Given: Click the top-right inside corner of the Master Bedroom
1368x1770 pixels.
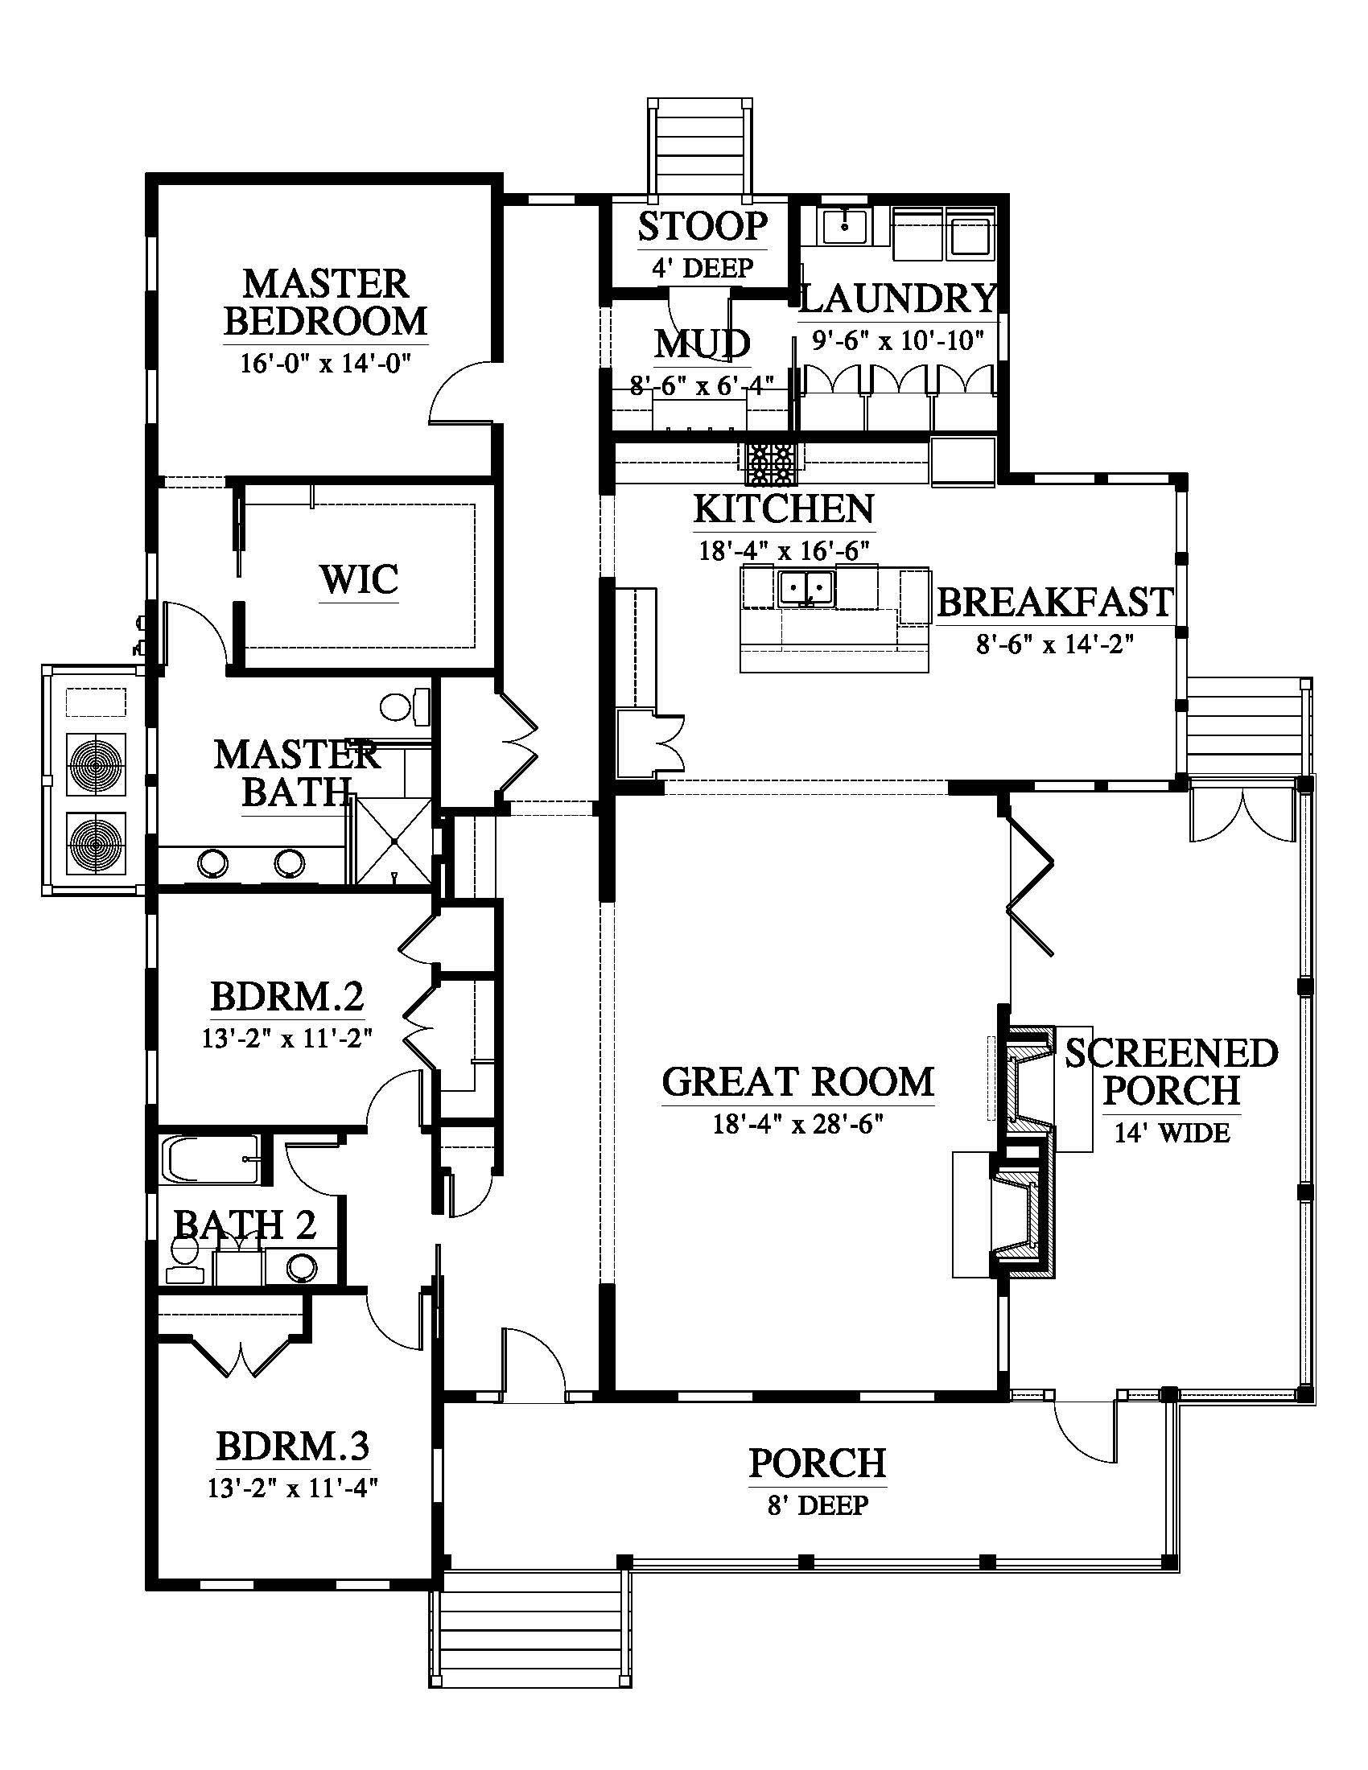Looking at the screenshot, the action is click(x=492, y=186).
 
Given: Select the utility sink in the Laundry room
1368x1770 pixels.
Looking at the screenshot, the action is click(x=844, y=226).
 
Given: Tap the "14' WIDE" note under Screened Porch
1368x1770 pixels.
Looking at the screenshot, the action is click(x=1172, y=1133).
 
